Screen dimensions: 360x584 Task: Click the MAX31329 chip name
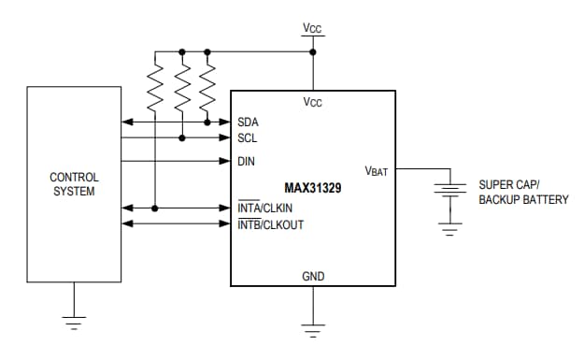[x=313, y=187]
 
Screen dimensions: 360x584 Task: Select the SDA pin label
[x=248, y=122]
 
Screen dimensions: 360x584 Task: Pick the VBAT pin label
[x=377, y=171]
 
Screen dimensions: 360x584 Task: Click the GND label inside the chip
[x=313, y=277]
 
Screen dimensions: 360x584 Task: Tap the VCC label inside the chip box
[x=313, y=102]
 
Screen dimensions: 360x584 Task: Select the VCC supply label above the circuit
[x=313, y=29]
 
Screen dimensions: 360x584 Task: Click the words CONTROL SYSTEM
[x=74, y=184]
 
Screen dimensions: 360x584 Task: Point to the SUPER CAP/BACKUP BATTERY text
[x=523, y=192]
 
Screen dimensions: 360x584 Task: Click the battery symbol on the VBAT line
[x=452, y=193]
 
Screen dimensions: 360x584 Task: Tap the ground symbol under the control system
[x=75, y=323]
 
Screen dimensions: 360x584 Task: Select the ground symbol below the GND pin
[x=313, y=328]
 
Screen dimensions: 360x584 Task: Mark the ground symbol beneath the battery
[x=452, y=230]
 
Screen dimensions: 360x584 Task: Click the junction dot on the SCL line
[x=182, y=137]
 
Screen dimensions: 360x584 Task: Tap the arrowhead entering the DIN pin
[x=225, y=161]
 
